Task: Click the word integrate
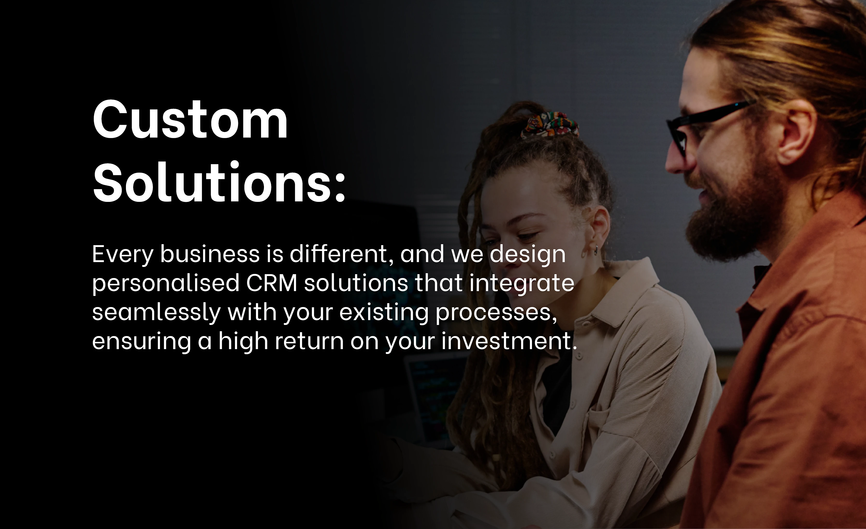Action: (522, 283)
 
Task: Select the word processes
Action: (495, 312)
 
